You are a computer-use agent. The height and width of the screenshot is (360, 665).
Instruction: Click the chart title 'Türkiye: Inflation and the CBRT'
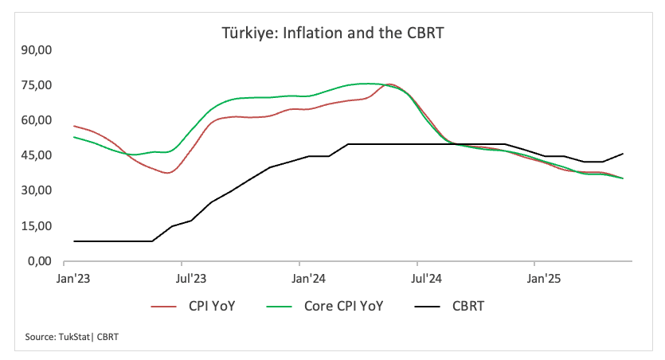331,33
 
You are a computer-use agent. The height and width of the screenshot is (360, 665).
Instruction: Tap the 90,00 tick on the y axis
37,50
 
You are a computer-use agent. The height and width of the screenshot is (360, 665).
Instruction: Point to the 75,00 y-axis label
37,85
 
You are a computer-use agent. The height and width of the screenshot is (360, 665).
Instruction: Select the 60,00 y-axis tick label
37,120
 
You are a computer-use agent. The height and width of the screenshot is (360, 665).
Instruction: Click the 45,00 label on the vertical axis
37,155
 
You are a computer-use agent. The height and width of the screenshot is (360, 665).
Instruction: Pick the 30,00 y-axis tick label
37,190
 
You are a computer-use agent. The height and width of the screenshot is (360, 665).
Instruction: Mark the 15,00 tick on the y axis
37,226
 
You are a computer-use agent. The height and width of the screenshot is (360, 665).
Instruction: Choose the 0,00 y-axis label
40,261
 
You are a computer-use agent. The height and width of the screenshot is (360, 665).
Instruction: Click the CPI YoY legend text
212,306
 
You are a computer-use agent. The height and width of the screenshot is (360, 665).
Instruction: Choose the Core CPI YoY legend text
343,306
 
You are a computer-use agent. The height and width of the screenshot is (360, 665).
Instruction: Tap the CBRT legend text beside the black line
468,306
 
